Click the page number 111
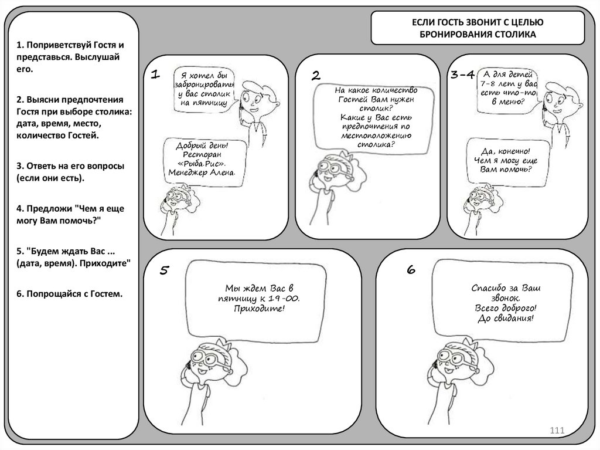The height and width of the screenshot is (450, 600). point(556,432)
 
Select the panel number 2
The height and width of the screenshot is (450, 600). point(316,75)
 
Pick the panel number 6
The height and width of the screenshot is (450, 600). point(411,270)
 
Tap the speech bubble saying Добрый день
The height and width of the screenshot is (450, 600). point(202,159)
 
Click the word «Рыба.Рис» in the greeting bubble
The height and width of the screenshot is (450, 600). point(203,164)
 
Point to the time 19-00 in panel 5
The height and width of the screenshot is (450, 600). point(285,298)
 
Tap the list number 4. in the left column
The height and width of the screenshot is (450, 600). point(20,208)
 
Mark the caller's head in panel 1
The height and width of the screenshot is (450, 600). point(255,94)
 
